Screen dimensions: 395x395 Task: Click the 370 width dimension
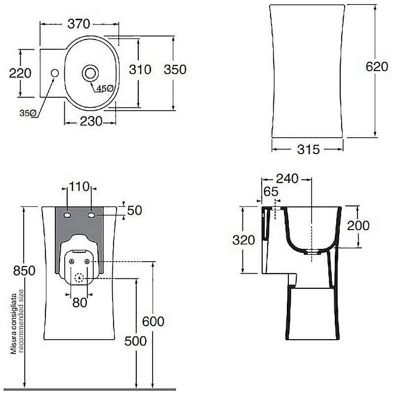(x=79, y=24)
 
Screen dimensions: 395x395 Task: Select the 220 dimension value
(x=20, y=73)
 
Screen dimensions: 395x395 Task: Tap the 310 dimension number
(x=140, y=69)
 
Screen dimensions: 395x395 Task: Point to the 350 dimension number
(x=175, y=69)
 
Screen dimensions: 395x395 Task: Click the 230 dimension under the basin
(x=91, y=121)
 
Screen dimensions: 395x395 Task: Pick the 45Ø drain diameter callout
(x=105, y=88)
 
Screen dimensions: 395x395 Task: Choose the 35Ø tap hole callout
(x=28, y=113)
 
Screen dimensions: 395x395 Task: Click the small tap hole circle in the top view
(x=55, y=73)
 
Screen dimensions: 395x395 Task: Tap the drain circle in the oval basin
(x=90, y=73)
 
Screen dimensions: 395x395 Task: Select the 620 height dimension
(x=377, y=67)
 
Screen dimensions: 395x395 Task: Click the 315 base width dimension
(x=309, y=150)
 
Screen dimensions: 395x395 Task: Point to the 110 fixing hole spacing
(x=79, y=187)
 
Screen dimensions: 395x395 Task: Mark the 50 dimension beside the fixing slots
(x=135, y=210)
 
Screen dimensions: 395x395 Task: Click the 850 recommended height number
(x=24, y=271)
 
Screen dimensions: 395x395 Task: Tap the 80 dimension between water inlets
(x=79, y=303)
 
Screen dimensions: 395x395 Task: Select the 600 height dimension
(x=153, y=321)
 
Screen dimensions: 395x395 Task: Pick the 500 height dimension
(x=135, y=341)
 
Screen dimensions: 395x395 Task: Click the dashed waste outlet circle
(x=79, y=278)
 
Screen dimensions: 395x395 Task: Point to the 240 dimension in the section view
(x=287, y=179)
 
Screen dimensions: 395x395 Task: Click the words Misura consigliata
(x=14, y=323)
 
